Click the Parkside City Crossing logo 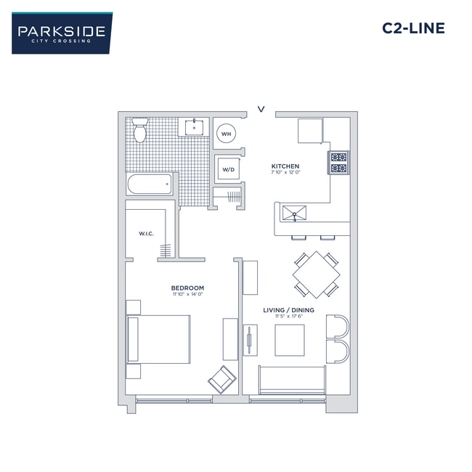[62, 33]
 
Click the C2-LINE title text [412, 29]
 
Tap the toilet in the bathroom [140, 130]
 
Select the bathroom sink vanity [195, 128]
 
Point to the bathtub [150, 184]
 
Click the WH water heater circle [226, 134]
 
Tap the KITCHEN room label [285, 166]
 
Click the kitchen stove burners [339, 163]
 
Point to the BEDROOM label [187, 288]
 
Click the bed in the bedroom [160, 339]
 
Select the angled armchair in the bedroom [221, 379]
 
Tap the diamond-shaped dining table [316, 274]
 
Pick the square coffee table [289, 339]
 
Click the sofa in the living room [292, 381]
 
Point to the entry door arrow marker [261, 110]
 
